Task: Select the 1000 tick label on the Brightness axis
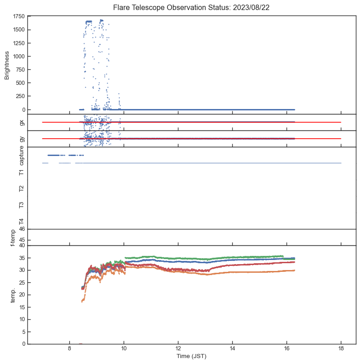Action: pyautogui.click(x=20, y=56)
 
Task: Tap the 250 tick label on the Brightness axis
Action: pyautogui.click(x=21, y=96)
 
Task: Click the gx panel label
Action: pyautogui.click(x=21, y=122)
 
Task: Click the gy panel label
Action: pyautogui.click(x=21, y=139)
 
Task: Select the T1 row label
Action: pyautogui.click(x=21, y=172)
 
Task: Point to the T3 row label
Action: pyautogui.click(x=21, y=205)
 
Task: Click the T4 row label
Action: pyautogui.click(x=21, y=221)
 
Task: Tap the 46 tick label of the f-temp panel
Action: pyautogui.click(x=22, y=229)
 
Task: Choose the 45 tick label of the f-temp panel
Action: pyautogui.click(x=22, y=240)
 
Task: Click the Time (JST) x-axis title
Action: pyautogui.click(x=192, y=356)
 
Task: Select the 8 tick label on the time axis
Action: pyautogui.click(x=69, y=349)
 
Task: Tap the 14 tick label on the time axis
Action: pyautogui.click(x=232, y=349)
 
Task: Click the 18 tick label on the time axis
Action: pyautogui.click(x=341, y=349)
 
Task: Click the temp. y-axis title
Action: pyautogui.click(x=7, y=295)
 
